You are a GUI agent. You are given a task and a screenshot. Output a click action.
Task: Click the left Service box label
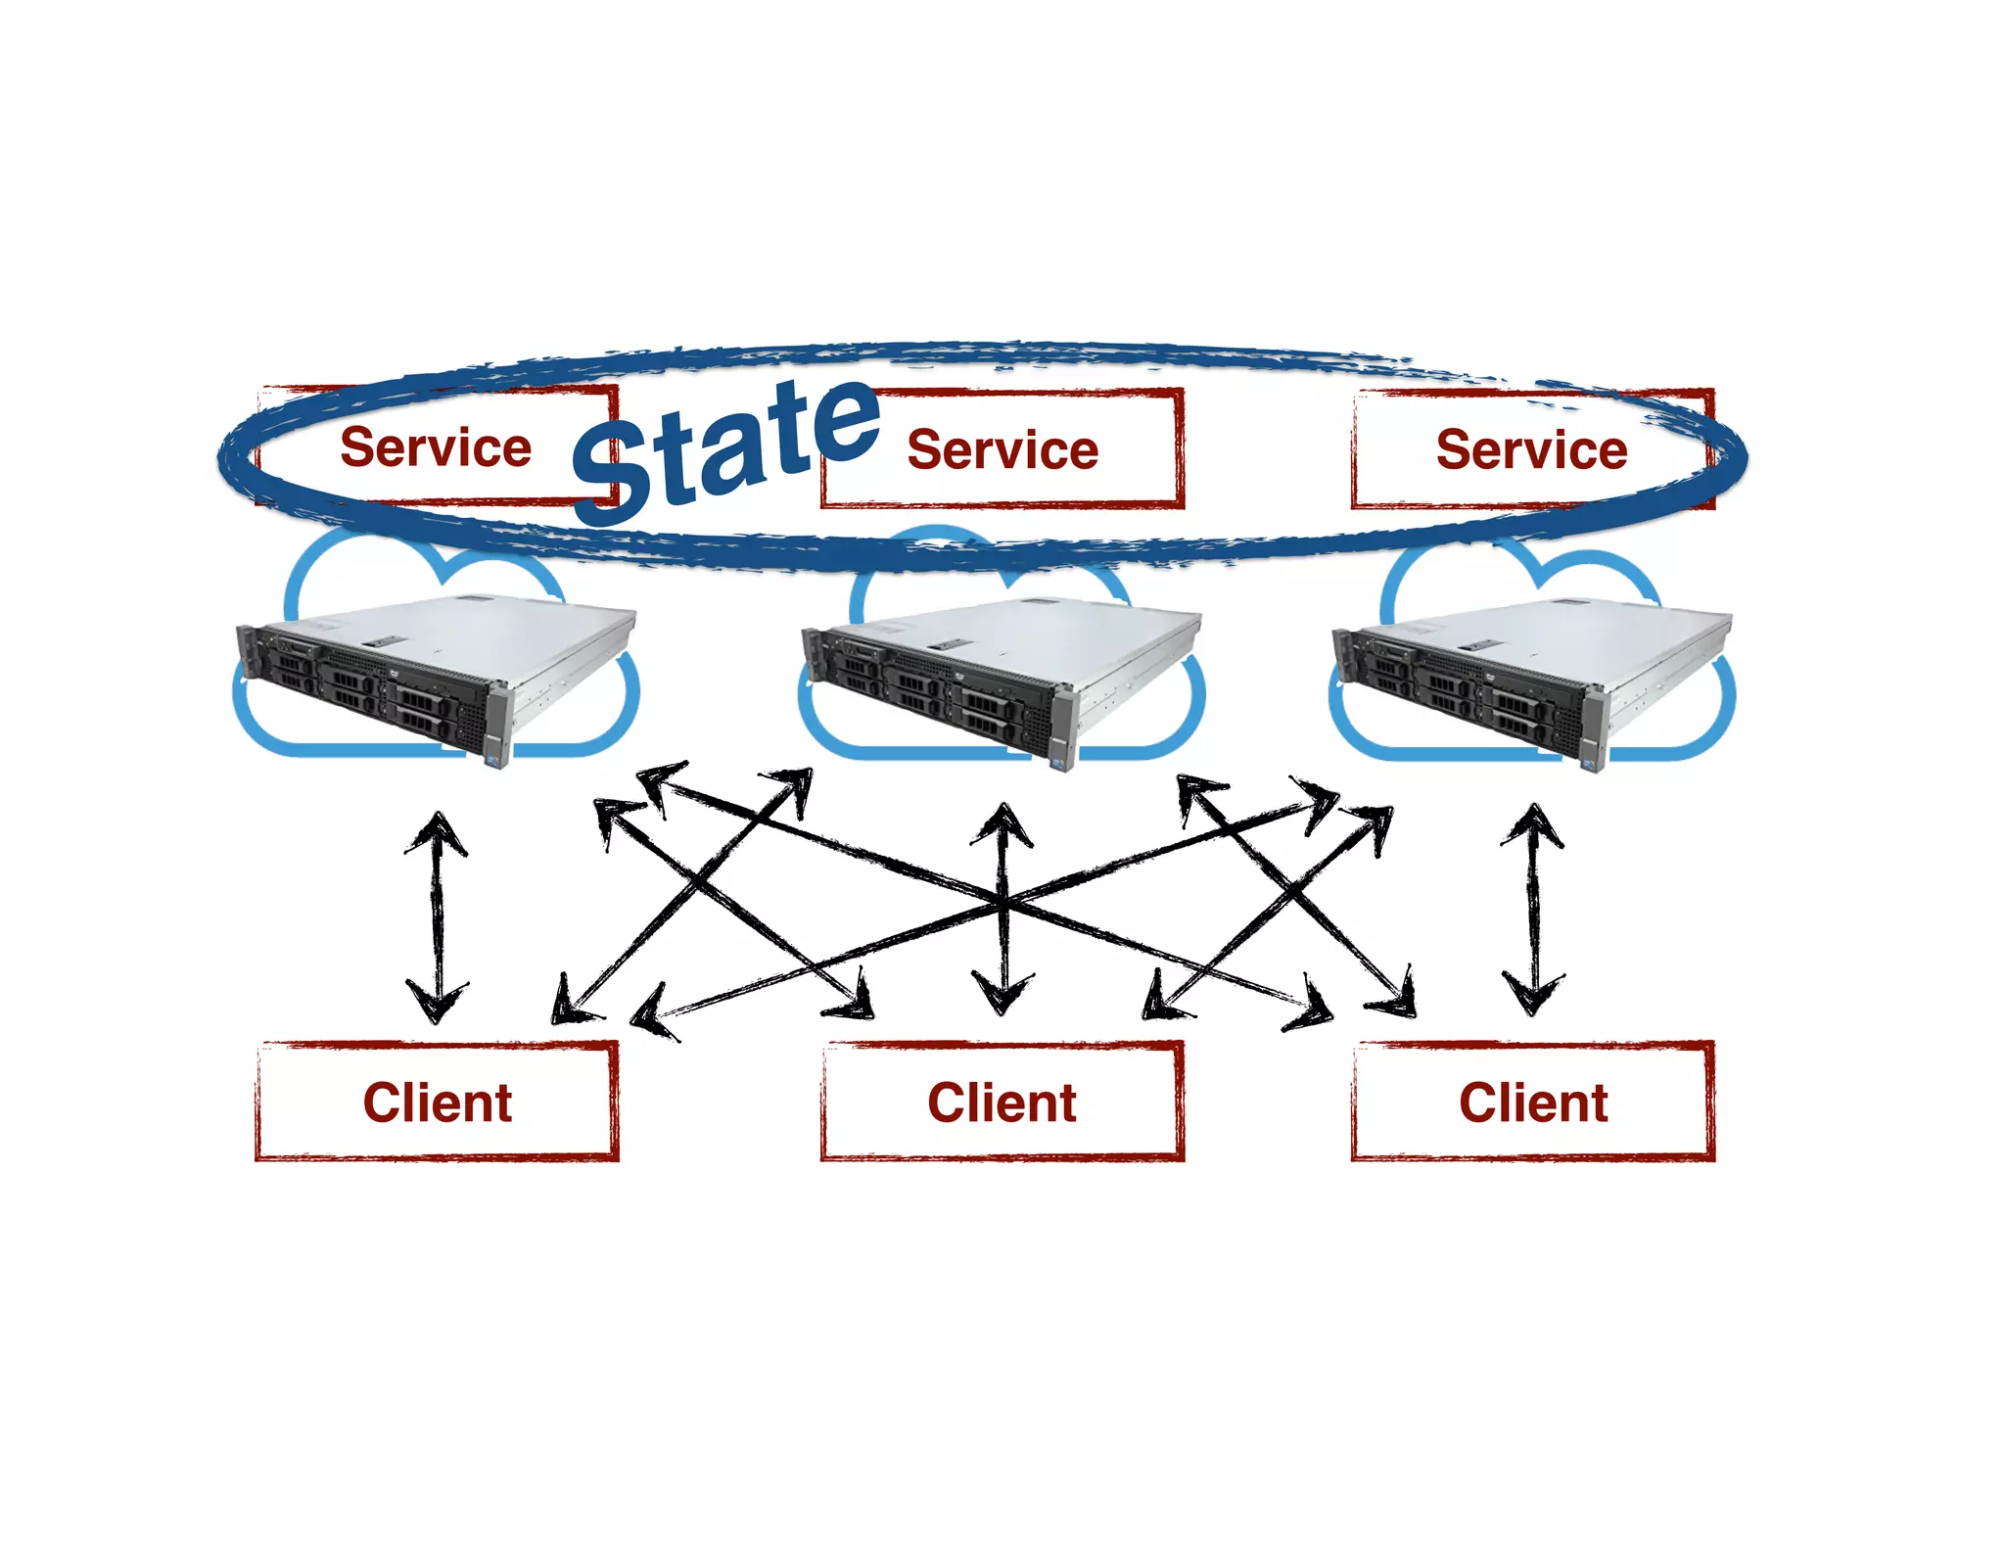coord(436,447)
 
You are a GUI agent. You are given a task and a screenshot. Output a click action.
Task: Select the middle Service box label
coord(1002,449)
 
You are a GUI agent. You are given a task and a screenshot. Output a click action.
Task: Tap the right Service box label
coord(1531,449)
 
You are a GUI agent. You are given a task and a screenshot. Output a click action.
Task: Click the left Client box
coord(437,1102)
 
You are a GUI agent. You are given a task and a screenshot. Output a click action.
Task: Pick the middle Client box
coord(1002,1102)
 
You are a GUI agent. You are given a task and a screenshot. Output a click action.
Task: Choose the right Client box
coord(1533,1102)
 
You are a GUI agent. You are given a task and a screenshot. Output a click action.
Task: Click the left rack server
coord(436,676)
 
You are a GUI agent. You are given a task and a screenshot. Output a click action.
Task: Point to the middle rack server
coord(1001,681)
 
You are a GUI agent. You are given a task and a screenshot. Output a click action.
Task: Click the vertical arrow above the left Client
coord(437,915)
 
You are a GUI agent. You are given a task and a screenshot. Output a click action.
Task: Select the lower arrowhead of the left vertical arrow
coord(437,1004)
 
